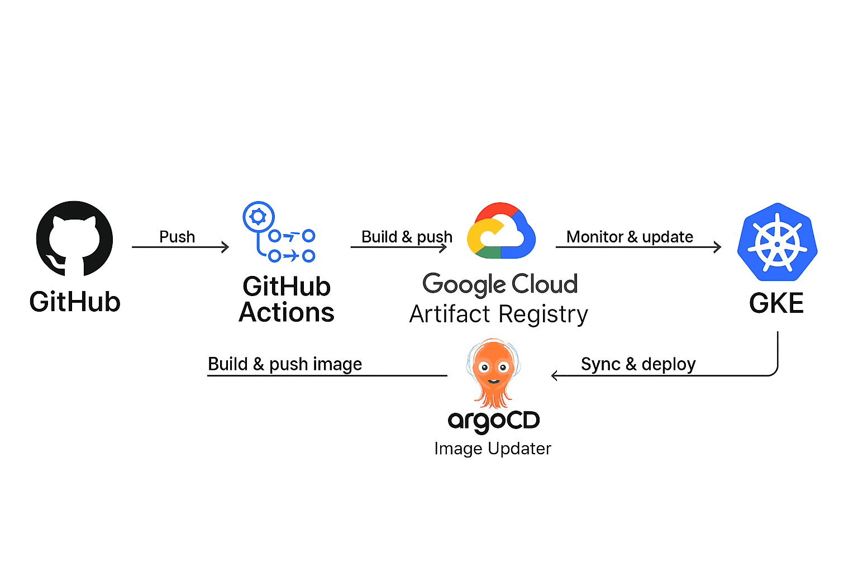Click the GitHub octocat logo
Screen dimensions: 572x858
pos(74,239)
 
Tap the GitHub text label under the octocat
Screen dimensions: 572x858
pos(75,302)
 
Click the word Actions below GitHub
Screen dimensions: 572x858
pos(287,313)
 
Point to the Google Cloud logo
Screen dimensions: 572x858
pos(501,231)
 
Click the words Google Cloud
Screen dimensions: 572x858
pos(500,284)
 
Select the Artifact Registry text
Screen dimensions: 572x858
pos(498,314)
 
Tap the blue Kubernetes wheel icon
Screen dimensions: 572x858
pos(777,242)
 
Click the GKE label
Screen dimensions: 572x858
pos(776,303)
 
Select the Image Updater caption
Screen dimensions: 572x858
pos(493,449)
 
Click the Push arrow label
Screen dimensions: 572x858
pos(177,237)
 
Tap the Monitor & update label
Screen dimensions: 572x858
pos(630,237)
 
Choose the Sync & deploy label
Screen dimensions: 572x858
pos(638,364)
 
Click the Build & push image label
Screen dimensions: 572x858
pos(285,364)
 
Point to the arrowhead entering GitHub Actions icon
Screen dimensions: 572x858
pos(226,247)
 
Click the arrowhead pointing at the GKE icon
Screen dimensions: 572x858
pos(718,246)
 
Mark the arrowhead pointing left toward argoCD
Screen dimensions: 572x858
pos(554,375)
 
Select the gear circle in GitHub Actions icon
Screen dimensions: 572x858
pos(258,217)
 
